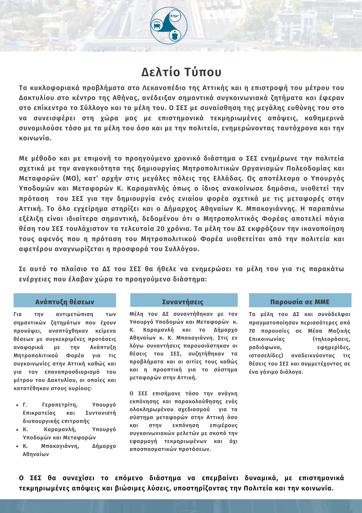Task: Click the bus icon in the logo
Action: [157, 25]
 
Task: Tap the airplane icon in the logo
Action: [175, 16]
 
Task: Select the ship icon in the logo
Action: [175, 35]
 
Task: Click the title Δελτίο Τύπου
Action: [181, 72]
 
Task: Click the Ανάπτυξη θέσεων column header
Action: [65, 302]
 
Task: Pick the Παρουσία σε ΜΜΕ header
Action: [300, 302]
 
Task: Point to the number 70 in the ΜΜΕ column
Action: [252, 331]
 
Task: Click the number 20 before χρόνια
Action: [160, 229]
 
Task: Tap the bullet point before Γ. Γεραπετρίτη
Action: [17, 405]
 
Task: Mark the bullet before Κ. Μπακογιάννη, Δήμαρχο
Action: [17, 446]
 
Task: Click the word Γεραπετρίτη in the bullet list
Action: [60, 405]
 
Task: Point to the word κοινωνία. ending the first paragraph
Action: [35, 138]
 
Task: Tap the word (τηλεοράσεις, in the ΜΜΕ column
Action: [331, 339]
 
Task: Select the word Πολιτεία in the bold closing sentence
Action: [258, 488]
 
